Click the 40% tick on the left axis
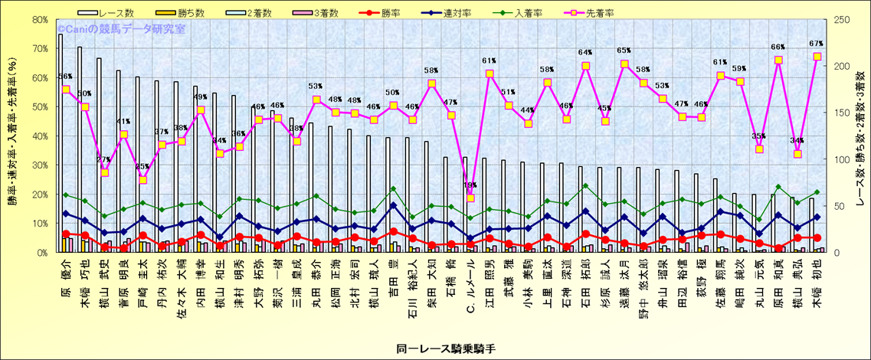pyautogui.click(x=39, y=136)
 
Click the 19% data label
pyautogui.click(x=470, y=185)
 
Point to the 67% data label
pyautogui.click(x=816, y=44)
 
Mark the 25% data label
pyautogui.click(x=142, y=166)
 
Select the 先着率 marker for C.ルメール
pyautogui.click(x=470, y=198)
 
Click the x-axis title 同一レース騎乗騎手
pyautogui.click(x=435, y=349)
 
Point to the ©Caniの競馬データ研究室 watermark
pyautogui.click(x=120, y=28)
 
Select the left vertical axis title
pyautogui.click(x=13, y=136)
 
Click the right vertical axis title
pyautogui.click(x=860, y=136)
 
